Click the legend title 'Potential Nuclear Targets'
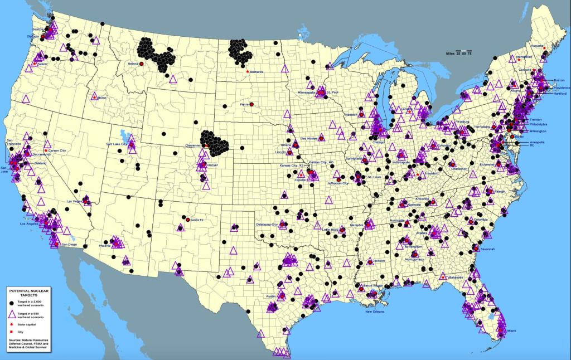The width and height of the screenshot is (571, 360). (31, 294)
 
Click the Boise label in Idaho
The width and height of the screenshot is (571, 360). (101, 98)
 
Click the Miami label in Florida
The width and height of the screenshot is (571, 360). (511, 331)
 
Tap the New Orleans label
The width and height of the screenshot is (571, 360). (376, 312)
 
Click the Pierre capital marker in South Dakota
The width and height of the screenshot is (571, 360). (252, 104)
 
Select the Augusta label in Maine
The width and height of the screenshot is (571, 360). (537, 45)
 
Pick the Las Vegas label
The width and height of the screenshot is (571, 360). (75, 201)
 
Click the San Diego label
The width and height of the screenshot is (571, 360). (69, 245)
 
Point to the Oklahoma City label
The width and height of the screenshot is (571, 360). (267, 224)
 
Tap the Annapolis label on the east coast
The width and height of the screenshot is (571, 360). (537, 142)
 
